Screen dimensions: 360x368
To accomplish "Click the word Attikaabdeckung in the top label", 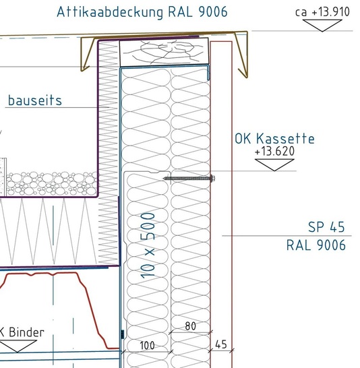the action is tap(110, 12).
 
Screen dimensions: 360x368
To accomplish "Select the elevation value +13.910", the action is tap(330, 11).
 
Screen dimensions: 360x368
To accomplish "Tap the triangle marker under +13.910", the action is tap(322, 26).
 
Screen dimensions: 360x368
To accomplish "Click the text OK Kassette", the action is tap(274, 138).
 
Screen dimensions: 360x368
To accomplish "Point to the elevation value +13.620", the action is tap(274, 151).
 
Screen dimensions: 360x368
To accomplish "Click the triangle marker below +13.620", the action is tap(274, 165).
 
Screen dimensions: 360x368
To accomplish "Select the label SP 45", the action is tap(326, 227).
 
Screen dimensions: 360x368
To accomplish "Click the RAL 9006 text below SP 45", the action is tap(316, 245).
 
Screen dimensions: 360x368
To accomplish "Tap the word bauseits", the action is tap(35, 100).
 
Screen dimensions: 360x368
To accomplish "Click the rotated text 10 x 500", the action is tap(148, 245).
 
